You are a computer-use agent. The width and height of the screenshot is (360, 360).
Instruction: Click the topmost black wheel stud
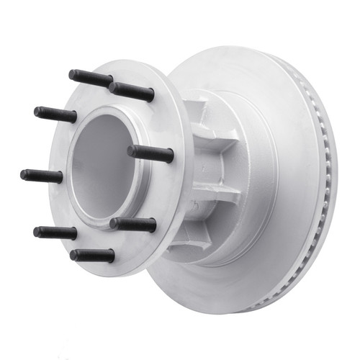[91, 78]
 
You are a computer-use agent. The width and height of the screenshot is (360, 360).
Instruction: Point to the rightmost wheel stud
[151, 153]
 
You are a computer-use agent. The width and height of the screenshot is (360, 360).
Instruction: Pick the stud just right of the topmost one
[132, 91]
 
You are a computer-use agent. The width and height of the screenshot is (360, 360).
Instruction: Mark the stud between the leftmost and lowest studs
[55, 233]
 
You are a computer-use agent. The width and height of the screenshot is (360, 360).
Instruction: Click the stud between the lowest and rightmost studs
[133, 225]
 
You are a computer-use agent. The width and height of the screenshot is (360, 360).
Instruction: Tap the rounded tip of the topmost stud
[72, 73]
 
